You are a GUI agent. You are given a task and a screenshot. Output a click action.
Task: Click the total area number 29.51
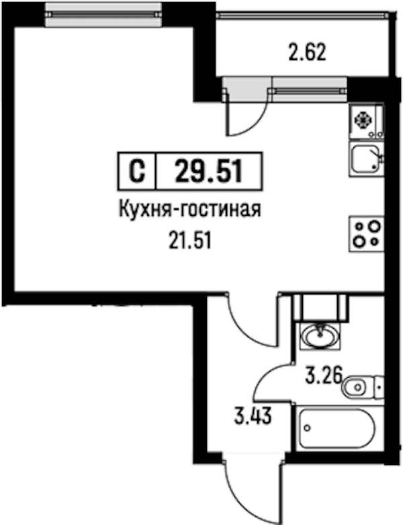pos(209,171)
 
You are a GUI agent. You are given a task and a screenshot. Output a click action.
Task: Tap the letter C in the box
pos(137,171)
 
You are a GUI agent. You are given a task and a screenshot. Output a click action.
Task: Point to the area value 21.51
pos(190,241)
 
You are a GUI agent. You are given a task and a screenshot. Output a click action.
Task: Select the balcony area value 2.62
pos(307,52)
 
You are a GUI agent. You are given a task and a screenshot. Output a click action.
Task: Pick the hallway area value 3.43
pos(253,416)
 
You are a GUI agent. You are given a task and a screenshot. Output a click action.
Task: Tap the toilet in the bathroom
pos(363,387)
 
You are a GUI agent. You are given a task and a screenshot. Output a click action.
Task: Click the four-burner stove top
pos(366,234)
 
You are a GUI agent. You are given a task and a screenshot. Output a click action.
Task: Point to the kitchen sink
pos(367,159)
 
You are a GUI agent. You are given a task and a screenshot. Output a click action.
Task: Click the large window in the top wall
pos(103,14)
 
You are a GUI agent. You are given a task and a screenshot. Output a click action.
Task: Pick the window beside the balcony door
pos(309,89)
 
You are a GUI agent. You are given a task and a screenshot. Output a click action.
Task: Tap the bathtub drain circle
pos(307,428)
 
